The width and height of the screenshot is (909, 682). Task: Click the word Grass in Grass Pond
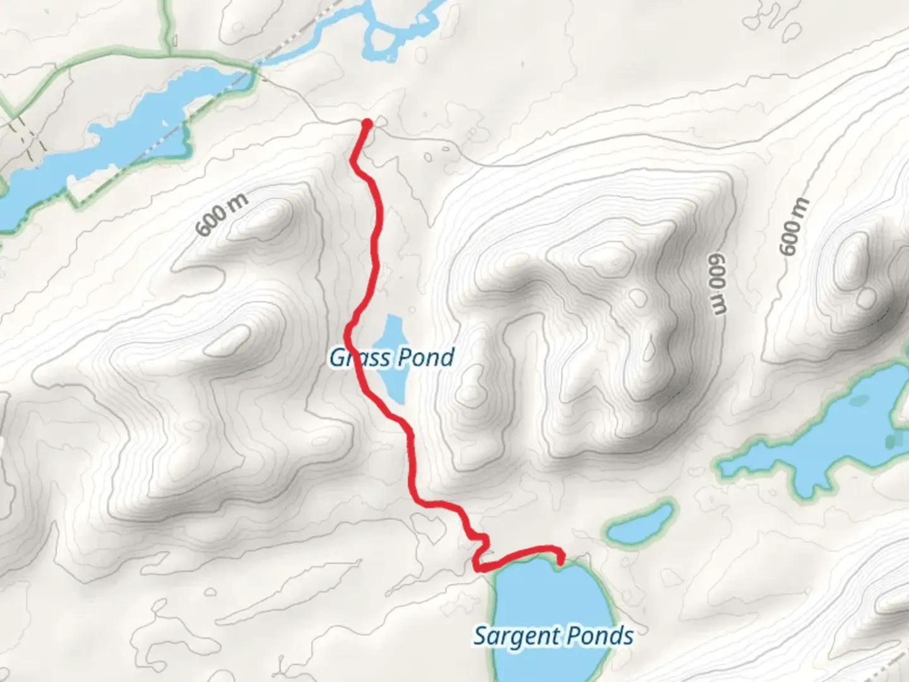(359, 358)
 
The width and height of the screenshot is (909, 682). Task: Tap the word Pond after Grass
(426, 357)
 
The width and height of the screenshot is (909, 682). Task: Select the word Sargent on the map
(513, 636)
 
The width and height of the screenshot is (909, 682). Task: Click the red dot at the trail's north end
(366, 123)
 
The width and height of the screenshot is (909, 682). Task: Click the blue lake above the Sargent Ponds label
(549, 594)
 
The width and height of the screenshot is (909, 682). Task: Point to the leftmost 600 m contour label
(221, 215)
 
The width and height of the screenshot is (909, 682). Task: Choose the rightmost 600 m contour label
(794, 226)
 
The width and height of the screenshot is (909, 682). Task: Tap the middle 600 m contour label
(716, 284)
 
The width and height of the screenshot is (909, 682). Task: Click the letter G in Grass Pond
(337, 358)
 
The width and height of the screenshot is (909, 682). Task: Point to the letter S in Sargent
(481, 636)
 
